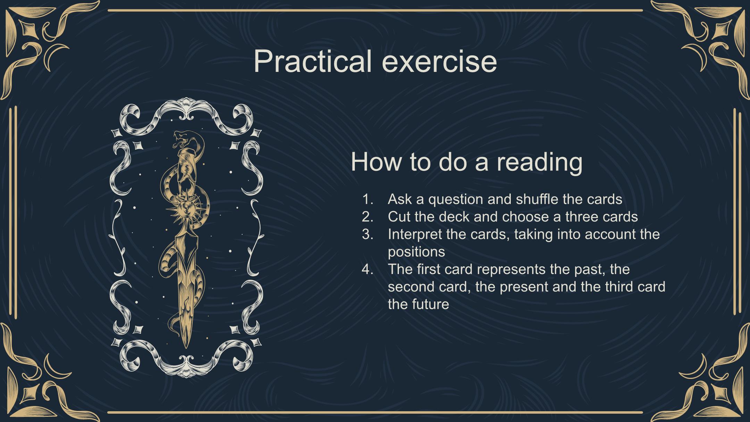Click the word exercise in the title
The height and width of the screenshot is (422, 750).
[440, 61]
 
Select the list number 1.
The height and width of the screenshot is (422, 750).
[367, 199]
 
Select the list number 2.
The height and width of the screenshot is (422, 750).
[367, 217]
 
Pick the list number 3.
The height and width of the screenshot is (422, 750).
[367, 234]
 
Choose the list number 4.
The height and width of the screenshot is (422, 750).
[367, 269]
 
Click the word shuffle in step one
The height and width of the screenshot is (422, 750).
[537, 199]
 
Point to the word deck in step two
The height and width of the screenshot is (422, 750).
[454, 217]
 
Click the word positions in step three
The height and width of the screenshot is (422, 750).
[416, 252]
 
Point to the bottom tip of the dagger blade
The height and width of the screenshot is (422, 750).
[186, 348]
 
